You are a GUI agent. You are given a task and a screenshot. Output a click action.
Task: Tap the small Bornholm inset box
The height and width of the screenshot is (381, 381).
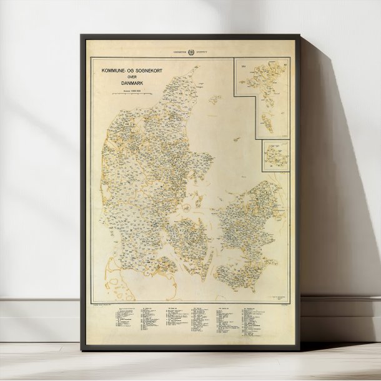coord(275,154)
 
